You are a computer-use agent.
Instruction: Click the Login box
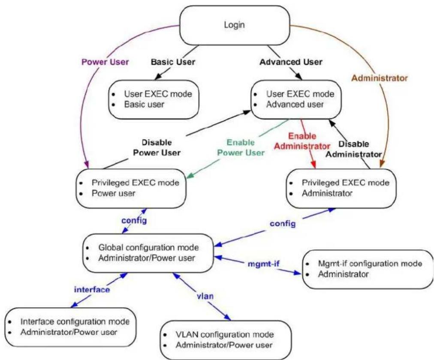(x=235, y=25)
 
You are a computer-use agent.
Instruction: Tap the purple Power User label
(x=105, y=62)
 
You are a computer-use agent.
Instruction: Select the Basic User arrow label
(x=173, y=62)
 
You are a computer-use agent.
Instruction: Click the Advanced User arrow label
(x=291, y=62)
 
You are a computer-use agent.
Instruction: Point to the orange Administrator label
(x=380, y=78)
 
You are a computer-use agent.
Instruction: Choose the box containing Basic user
(x=154, y=99)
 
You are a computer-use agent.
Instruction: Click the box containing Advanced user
(x=296, y=99)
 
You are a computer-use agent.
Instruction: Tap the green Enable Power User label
(x=241, y=148)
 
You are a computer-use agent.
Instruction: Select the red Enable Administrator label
(x=302, y=141)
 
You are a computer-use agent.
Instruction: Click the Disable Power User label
(x=157, y=148)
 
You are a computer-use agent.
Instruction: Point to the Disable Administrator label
(x=354, y=149)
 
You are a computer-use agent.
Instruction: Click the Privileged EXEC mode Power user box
(x=131, y=188)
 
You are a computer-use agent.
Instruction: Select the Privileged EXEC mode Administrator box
(x=341, y=188)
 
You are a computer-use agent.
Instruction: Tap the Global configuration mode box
(x=148, y=253)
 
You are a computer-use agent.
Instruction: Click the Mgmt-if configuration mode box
(x=368, y=269)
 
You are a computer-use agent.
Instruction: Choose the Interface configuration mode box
(x=71, y=327)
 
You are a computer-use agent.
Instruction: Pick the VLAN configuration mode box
(x=226, y=340)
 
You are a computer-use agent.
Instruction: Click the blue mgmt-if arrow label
(x=263, y=264)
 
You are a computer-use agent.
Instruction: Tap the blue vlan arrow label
(x=205, y=296)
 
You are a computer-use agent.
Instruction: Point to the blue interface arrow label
(x=92, y=289)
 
